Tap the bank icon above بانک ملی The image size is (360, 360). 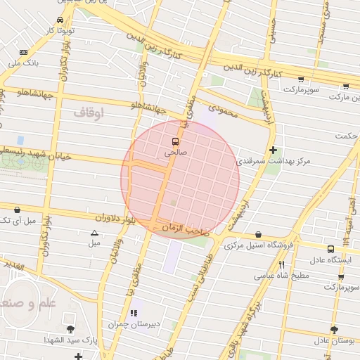[x=24, y=52]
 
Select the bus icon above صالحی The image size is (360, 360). [x=175, y=140]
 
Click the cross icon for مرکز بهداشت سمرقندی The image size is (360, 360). [x=273, y=150]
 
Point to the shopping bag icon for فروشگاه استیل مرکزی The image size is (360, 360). [x=259, y=235]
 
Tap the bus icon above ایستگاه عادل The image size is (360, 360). [x=330, y=248]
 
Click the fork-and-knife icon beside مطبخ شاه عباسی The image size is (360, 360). [x=281, y=264]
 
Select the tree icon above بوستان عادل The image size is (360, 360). [x=333, y=330]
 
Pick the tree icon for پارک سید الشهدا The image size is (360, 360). [x=70, y=329]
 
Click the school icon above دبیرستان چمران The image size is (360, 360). [x=133, y=313]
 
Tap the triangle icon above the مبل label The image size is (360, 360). [x=94, y=232]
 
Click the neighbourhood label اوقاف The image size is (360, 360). [x=89, y=111]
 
